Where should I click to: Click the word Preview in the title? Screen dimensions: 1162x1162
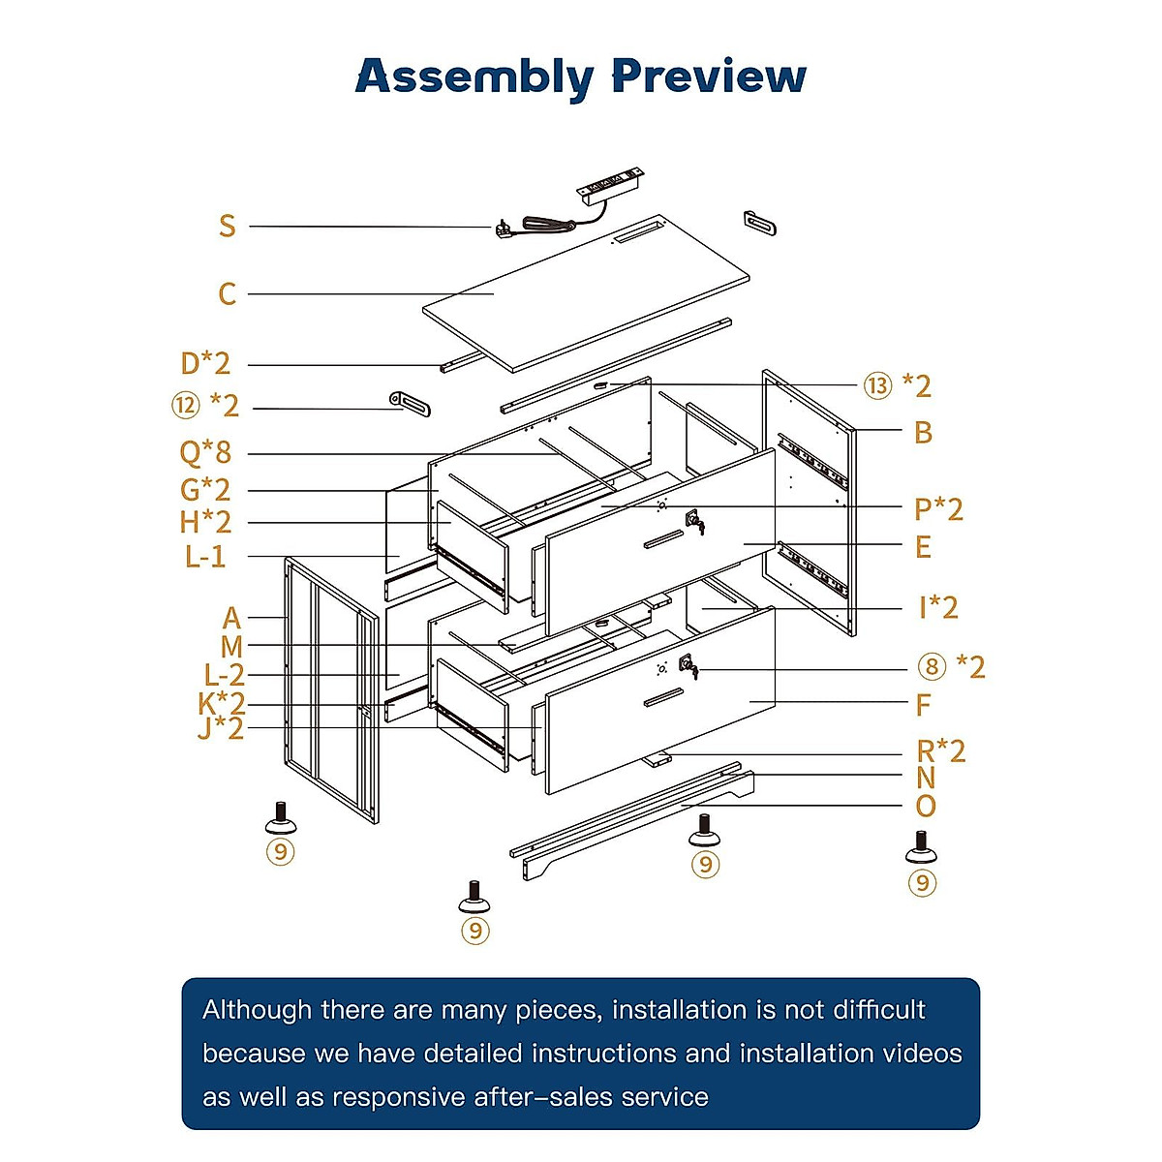coord(709,76)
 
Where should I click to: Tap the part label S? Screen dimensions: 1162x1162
coord(227,227)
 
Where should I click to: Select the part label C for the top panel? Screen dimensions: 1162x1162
coord(227,293)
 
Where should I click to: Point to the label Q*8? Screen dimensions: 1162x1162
coord(205,452)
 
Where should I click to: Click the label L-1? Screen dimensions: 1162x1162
coord(205,556)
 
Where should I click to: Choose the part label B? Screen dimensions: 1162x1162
coord(923,432)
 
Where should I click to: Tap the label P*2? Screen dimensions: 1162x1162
coord(938,509)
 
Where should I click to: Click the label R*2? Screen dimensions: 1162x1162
coord(940,751)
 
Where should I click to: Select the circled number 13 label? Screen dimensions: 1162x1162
coord(877,385)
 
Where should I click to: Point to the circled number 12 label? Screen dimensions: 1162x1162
coord(185,405)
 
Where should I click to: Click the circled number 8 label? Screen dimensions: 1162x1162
coord(932,666)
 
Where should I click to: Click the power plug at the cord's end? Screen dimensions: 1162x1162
coord(504,229)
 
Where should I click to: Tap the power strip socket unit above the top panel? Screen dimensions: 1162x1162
coord(608,185)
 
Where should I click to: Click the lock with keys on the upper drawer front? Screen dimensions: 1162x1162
coord(694,522)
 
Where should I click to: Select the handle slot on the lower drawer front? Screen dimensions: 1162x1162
coord(663,697)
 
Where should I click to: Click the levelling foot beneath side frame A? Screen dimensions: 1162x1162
coord(281,817)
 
